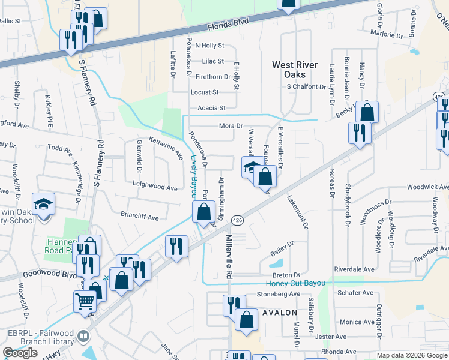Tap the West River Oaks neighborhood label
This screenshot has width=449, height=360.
297,70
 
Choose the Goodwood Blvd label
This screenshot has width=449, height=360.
50,274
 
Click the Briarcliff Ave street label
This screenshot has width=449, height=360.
139,217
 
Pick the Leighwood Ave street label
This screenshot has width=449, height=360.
155,187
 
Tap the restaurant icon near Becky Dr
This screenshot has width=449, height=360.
360,132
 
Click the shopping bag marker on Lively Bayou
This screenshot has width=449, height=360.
203,211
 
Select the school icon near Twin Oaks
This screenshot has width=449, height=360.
43,204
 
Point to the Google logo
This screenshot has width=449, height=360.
20,353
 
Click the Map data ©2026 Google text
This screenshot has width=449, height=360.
411,355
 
